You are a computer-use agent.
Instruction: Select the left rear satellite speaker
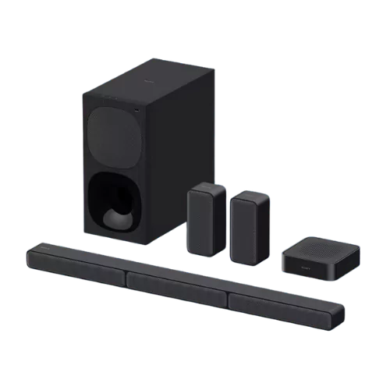pyautogui.click(x=204, y=222)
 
